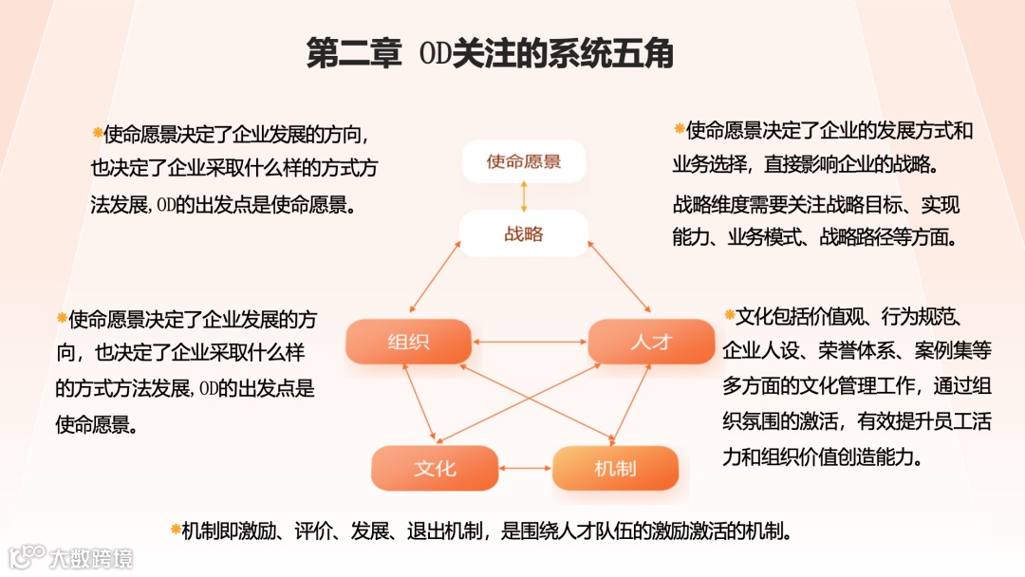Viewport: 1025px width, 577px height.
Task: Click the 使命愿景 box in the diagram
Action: click(x=524, y=161)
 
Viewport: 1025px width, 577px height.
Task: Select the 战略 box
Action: click(x=524, y=233)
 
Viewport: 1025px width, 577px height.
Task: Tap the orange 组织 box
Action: click(x=408, y=342)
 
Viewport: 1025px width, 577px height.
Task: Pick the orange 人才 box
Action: click(x=651, y=342)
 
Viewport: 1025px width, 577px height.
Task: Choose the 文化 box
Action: click(x=435, y=468)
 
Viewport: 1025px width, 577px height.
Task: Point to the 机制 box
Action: click(x=615, y=468)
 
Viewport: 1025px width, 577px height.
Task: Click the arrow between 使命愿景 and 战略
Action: click(x=524, y=197)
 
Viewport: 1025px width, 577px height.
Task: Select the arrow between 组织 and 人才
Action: click(x=530, y=342)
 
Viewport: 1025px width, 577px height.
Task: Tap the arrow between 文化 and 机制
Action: click(x=525, y=468)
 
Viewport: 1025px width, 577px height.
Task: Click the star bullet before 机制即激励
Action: click(x=175, y=528)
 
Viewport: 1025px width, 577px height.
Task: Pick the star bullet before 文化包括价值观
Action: click(x=729, y=314)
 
